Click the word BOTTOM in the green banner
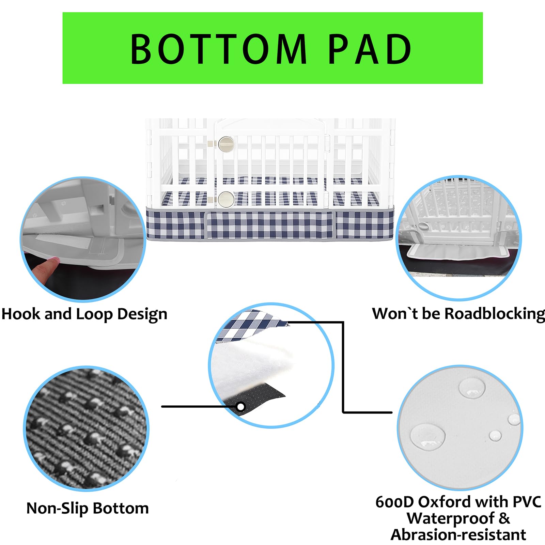click(219, 49)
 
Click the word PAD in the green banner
click(370, 49)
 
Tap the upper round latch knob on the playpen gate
click(226, 144)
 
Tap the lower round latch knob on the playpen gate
click(226, 199)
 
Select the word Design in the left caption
click(142, 314)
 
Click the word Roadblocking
click(495, 314)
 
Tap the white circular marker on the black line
click(240, 407)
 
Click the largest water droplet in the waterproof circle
click(427, 437)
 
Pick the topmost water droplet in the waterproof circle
click(472, 388)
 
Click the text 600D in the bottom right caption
click(394, 502)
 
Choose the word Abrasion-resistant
click(458, 535)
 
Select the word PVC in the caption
click(527, 502)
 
